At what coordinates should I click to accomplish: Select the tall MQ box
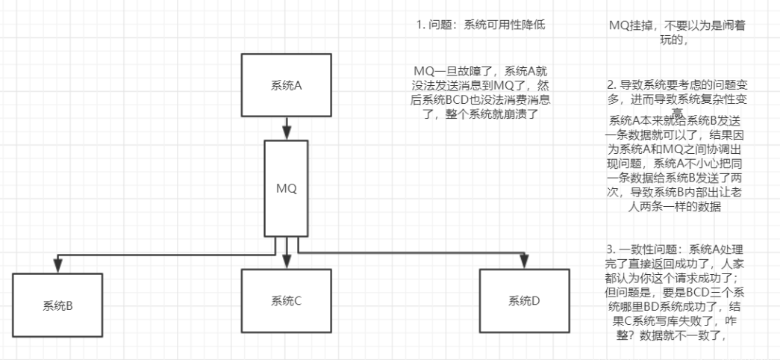287,188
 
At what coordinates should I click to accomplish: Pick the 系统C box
287,302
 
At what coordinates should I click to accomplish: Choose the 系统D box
524,301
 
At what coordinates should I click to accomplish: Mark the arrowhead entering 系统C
287,262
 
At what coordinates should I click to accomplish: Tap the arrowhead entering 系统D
524,261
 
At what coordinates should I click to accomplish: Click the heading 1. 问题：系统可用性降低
481,25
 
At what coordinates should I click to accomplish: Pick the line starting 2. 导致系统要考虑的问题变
677,85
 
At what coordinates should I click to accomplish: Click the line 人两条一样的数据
677,207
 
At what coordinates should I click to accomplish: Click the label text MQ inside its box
287,188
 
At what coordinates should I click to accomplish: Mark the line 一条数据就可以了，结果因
677,136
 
